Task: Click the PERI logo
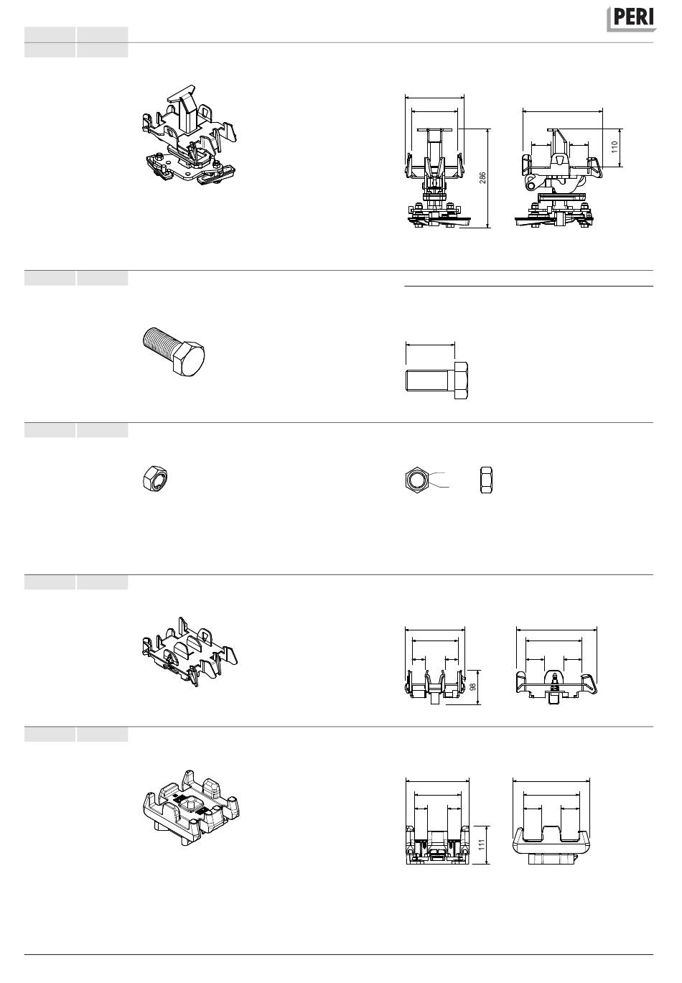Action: click(632, 19)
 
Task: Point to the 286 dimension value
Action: click(482, 178)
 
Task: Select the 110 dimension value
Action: click(615, 146)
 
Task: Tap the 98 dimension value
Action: click(473, 686)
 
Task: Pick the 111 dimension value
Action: click(482, 844)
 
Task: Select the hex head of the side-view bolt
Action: click(461, 381)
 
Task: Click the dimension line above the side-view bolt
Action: click(430, 345)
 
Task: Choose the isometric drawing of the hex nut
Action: click(155, 478)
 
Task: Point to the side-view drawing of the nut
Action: click(486, 480)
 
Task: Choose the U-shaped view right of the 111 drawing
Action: click(551, 842)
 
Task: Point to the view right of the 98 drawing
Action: click(556, 687)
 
